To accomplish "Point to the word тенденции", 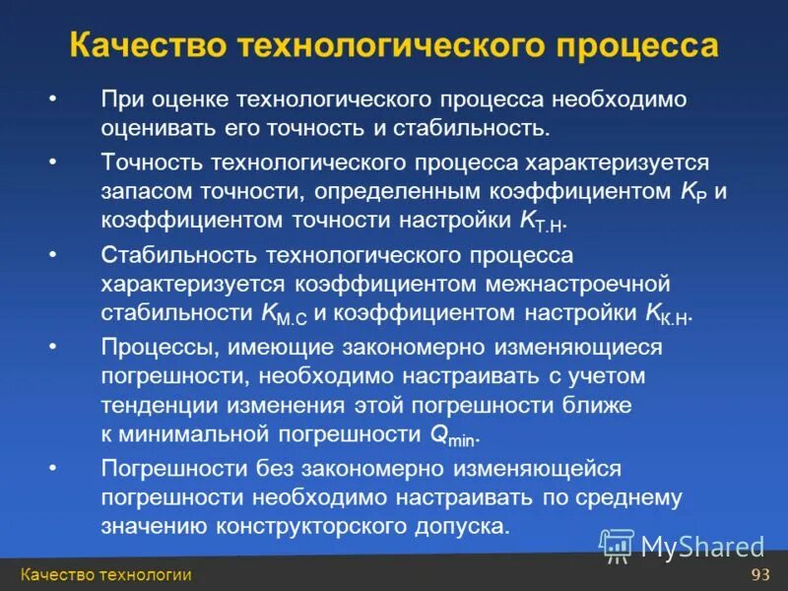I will [158, 406].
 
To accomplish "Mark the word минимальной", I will [203, 435].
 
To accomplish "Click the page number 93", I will [759, 575].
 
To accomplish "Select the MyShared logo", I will [682, 544].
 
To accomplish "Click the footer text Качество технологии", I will [105, 575].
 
